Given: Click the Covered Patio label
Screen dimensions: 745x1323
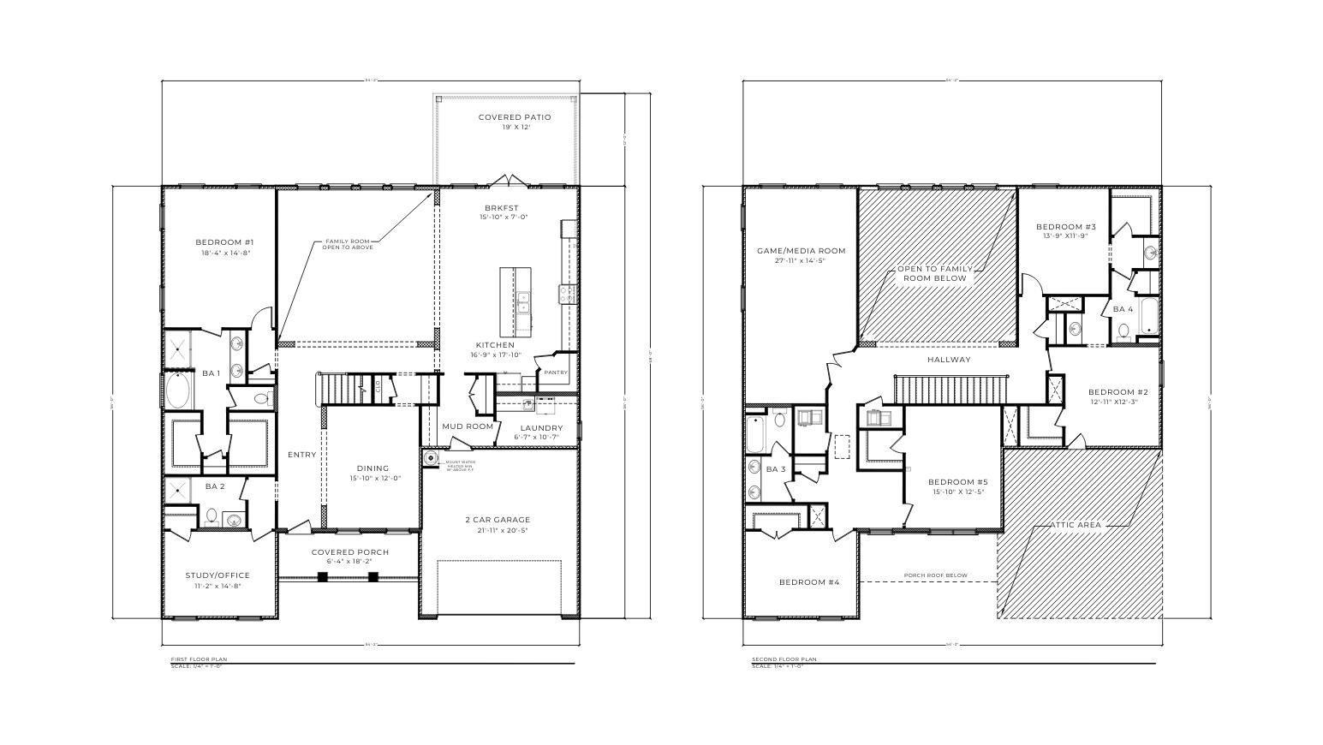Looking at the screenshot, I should click(x=514, y=117).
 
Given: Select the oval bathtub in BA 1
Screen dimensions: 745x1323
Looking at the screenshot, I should click(x=180, y=390).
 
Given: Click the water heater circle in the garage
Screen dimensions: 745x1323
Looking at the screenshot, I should click(x=431, y=458).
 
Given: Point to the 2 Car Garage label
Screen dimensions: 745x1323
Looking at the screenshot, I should click(x=498, y=520).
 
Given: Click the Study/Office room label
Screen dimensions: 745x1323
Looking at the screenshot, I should click(x=218, y=575).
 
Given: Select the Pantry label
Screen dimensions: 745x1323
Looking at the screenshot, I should click(x=556, y=372).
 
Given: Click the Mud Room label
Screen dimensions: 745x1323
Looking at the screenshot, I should click(x=468, y=426).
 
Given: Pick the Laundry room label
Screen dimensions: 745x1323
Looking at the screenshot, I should click(x=541, y=428).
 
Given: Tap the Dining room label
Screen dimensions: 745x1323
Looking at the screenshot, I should click(x=372, y=468).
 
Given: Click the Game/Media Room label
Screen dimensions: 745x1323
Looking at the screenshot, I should click(x=801, y=251).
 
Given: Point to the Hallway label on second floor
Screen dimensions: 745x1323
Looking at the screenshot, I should click(x=949, y=360).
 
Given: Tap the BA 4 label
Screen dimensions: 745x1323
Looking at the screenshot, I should click(x=1123, y=309).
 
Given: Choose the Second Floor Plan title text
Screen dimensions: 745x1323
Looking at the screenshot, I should click(x=784, y=659).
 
